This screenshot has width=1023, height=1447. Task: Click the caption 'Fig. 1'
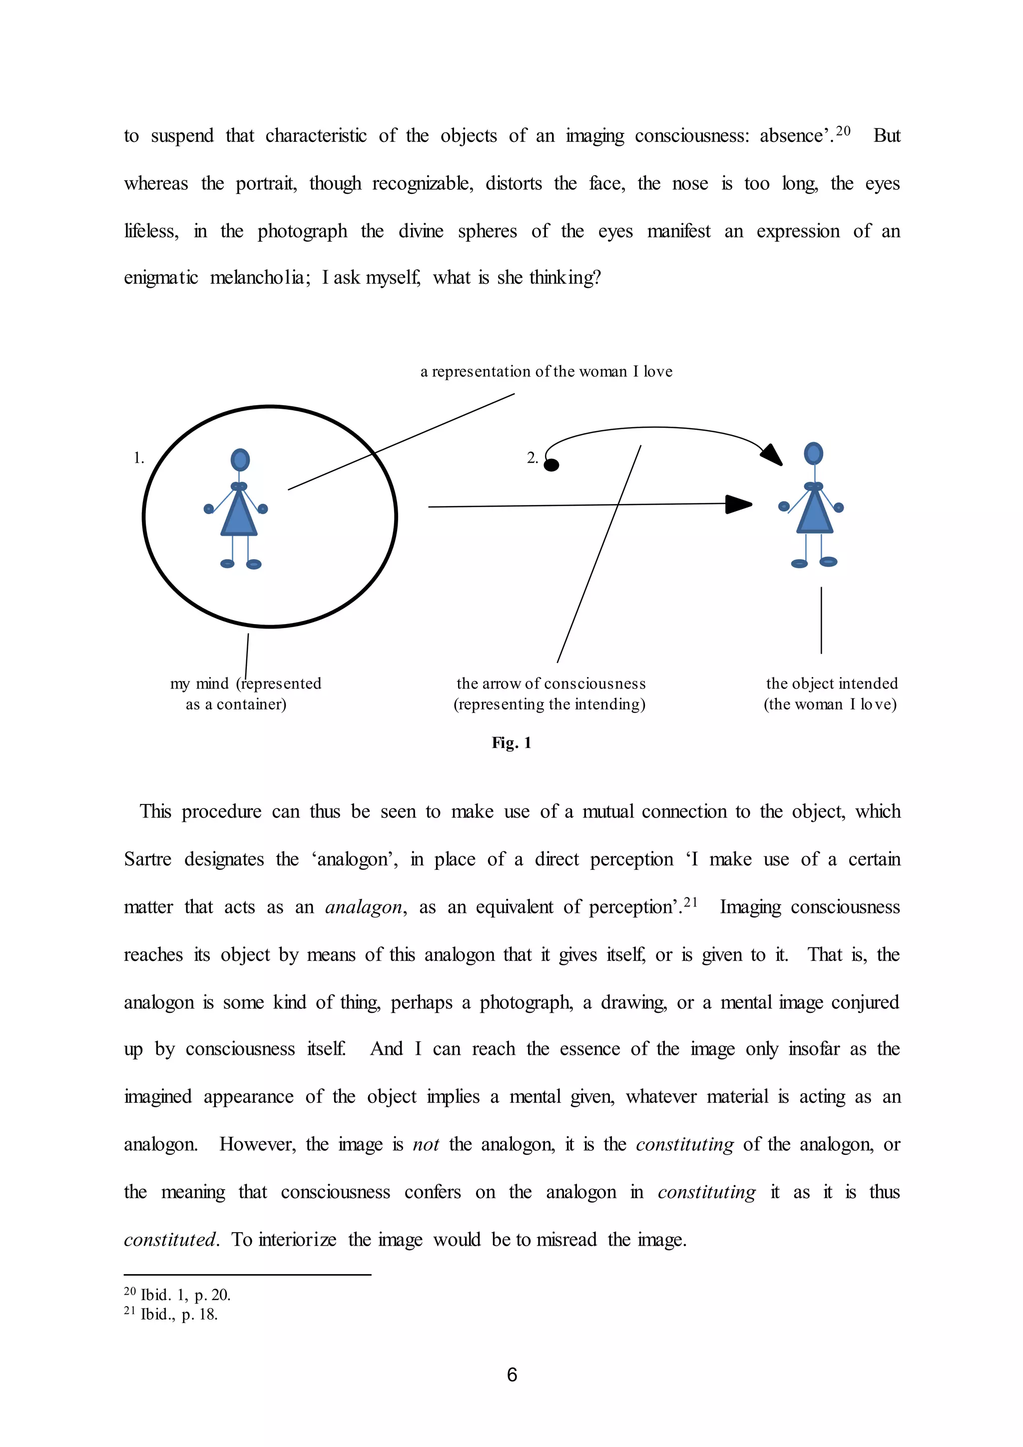(x=511, y=742)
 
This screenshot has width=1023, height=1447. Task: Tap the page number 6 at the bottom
(x=511, y=1375)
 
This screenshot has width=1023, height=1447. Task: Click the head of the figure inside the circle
(x=240, y=460)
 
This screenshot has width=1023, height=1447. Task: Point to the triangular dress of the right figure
(x=815, y=512)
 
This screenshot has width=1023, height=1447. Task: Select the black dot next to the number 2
(x=551, y=465)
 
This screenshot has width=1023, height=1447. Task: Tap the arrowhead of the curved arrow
(x=772, y=454)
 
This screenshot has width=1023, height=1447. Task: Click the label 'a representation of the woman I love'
(x=546, y=372)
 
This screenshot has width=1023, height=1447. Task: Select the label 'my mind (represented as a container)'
(x=245, y=693)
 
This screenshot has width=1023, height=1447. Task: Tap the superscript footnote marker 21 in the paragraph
(x=690, y=902)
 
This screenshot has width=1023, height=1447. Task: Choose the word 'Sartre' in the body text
(x=147, y=859)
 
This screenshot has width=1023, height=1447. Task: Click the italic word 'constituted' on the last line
(x=170, y=1240)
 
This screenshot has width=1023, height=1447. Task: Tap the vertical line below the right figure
(x=821, y=620)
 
